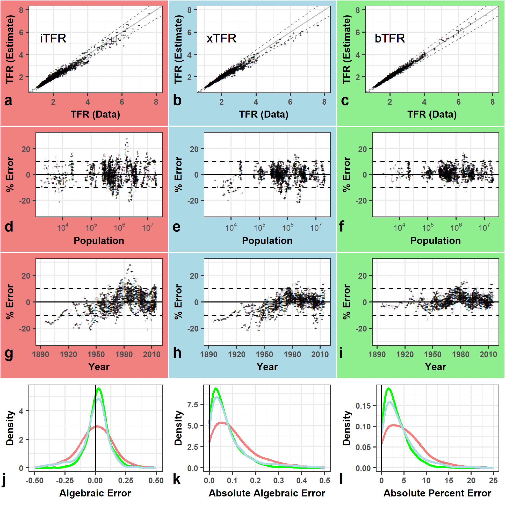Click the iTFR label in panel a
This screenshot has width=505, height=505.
point(53,38)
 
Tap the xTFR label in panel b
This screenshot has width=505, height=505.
point(221,38)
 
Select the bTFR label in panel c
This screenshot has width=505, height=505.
point(390,38)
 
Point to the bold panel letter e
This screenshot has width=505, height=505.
point(177,226)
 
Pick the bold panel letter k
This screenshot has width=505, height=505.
point(177,479)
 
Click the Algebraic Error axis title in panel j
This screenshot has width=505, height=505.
point(95,493)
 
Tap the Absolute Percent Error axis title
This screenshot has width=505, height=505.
point(437,493)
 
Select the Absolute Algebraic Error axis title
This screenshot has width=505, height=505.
point(267,493)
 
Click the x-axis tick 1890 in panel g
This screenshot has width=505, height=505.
point(40,355)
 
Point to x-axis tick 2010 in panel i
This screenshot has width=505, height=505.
point(488,355)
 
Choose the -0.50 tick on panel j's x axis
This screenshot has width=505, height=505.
point(34,480)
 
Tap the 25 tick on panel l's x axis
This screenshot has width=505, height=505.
point(493,480)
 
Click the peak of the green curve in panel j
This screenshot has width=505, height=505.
point(99,389)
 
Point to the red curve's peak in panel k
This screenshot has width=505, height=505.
point(222,423)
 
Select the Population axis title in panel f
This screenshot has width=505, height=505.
point(436,241)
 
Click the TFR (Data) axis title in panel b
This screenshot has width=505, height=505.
point(264,114)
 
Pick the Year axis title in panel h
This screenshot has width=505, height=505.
point(267,367)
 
